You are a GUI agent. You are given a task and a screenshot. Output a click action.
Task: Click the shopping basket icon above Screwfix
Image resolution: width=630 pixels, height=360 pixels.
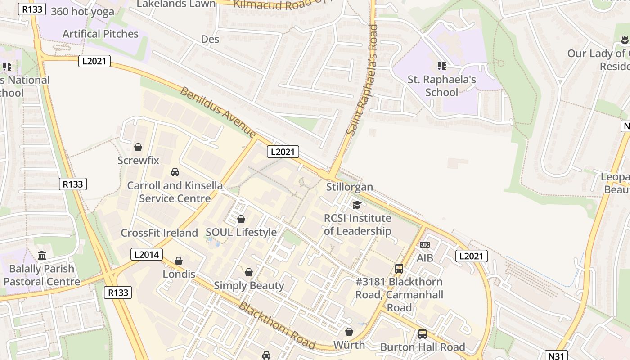[x=138, y=147]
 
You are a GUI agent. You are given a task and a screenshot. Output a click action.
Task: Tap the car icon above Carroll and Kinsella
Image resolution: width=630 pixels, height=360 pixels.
[x=175, y=172]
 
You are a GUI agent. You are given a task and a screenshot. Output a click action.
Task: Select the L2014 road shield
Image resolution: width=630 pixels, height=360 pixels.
[x=147, y=254]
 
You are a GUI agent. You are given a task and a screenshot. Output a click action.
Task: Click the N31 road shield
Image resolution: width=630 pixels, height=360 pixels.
[x=556, y=355]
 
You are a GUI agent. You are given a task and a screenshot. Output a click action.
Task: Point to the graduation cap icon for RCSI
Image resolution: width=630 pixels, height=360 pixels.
[x=357, y=205]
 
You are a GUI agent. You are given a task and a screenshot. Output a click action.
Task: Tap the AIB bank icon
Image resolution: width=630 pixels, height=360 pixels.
[x=424, y=245]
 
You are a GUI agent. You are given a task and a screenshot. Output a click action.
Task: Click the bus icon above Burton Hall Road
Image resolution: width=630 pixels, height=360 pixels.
[x=423, y=334]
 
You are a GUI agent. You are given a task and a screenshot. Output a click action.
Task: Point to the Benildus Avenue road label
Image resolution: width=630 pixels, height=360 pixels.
[x=218, y=112]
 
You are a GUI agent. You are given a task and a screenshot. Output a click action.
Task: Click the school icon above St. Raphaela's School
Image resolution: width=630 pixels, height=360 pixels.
[x=442, y=67]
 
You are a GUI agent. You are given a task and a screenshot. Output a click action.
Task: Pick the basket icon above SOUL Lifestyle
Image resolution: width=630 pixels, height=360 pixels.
[x=241, y=219]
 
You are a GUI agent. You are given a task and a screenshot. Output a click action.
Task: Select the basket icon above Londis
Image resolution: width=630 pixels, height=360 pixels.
[x=179, y=261]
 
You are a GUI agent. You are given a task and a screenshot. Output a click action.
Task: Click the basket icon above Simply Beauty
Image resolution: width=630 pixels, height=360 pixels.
[x=249, y=272]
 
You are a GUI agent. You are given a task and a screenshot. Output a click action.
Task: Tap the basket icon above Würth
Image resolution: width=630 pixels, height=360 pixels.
[x=349, y=332]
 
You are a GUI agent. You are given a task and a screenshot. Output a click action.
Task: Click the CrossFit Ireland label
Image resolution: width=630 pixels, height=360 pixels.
[x=159, y=233]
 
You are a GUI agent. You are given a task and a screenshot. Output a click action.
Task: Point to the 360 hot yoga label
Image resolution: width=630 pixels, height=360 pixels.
[x=83, y=12]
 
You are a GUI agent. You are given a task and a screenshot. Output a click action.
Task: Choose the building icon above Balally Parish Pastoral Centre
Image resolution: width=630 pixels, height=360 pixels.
[x=42, y=256]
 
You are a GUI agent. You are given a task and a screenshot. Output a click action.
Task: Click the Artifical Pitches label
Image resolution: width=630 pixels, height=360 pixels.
[x=100, y=34]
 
